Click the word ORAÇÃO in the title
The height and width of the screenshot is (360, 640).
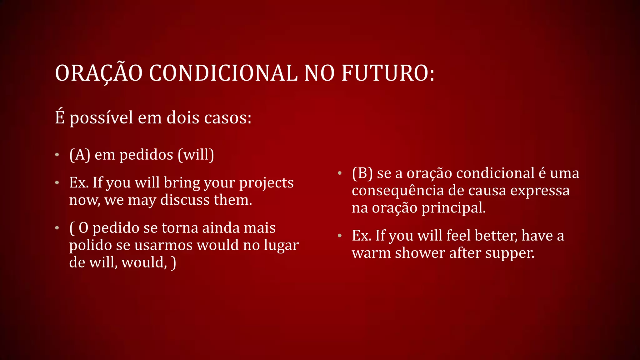click(99, 73)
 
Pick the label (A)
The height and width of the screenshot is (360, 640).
click(80, 155)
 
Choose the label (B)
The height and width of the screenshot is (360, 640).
click(362, 173)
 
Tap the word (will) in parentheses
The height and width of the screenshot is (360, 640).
click(196, 155)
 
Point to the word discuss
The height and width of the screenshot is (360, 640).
click(185, 200)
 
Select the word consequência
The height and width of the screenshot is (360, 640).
click(398, 191)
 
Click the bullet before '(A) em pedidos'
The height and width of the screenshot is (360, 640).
click(57, 155)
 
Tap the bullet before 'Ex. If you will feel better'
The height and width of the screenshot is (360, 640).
click(340, 236)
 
